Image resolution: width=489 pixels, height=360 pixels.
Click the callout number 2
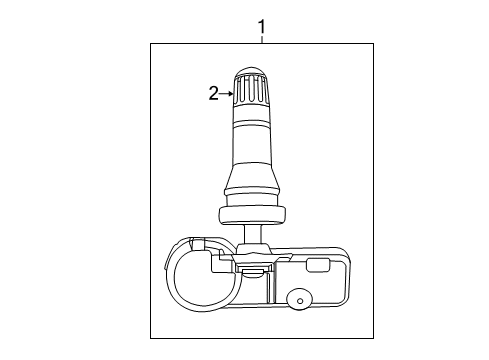pyautogui.click(x=212, y=94)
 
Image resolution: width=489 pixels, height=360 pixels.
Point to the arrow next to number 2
pyautogui.click(x=227, y=94)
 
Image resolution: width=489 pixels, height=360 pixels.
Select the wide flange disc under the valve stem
pyautogui.click(x=251, y=212)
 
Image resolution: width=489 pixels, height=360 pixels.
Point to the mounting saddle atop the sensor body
pyautogui.click(x=252, y=259)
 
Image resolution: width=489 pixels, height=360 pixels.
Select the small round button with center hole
pyautogui.click(x=297, y=299)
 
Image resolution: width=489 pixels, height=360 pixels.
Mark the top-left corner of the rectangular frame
pyautogui.click(x=151, y=43)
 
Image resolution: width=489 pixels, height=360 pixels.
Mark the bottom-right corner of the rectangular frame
pyautogui.click(x=374, y=339)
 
